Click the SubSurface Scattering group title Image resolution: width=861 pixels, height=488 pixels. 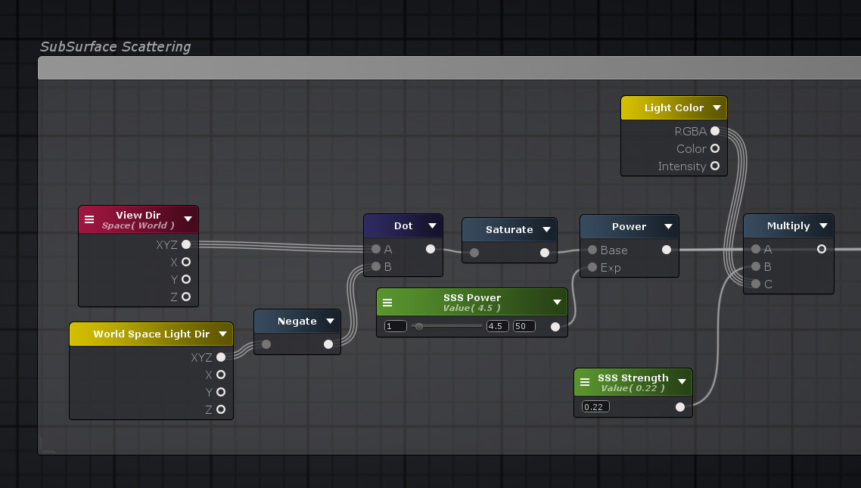(115, 47)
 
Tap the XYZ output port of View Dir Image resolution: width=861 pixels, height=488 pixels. (186, 244)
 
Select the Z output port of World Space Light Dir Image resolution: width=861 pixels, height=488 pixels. (221, 409)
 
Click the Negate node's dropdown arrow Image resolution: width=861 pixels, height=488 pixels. (330, 321)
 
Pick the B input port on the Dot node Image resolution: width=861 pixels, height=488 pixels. (376, 267)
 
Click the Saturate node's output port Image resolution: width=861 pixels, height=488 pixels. (544, 253)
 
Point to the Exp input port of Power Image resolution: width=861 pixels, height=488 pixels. (592, 267)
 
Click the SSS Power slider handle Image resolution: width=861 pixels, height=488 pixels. (419, 327)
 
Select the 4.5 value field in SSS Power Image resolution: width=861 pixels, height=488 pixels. (498, 326)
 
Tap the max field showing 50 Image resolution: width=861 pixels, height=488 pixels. (524, 326)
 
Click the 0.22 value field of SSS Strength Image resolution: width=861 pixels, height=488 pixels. (595, 407)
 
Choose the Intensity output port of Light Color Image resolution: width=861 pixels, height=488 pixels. (715, 166)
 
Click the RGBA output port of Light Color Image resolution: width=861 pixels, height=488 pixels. (715, 131)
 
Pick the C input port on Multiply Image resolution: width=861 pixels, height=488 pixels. (756, 284)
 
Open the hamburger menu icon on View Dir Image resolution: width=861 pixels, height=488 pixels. (89, 219)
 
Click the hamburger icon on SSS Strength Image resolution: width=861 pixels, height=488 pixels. (585, 382)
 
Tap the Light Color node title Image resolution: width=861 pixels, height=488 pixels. (674, 108)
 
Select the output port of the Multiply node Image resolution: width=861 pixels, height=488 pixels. (822, 249)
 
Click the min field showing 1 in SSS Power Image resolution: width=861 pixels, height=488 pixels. (396, 326)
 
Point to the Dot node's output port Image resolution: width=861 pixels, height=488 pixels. (430, 249)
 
